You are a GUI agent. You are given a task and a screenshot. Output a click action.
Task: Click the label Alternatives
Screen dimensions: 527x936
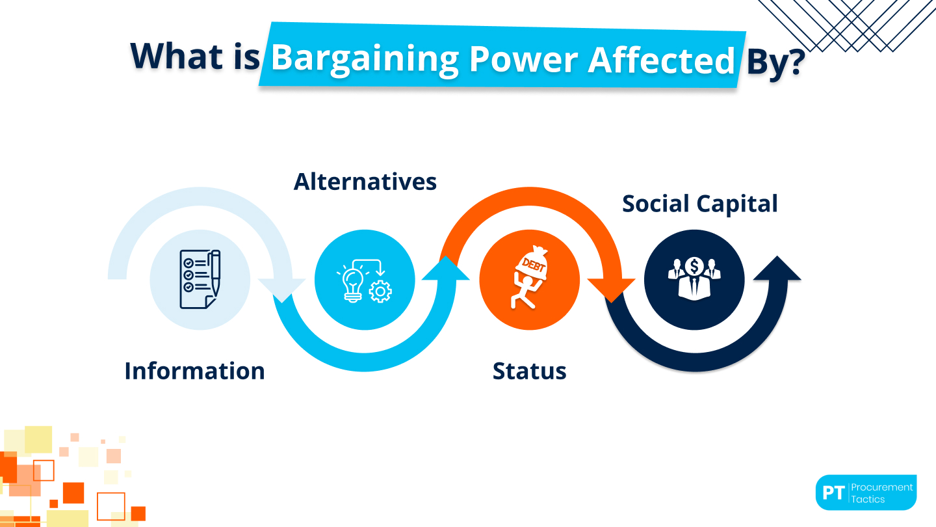(365, 182)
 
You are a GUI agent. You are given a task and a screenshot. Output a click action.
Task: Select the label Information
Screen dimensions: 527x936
(194, 371)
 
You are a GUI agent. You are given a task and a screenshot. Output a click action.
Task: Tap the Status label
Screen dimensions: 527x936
(529, 371)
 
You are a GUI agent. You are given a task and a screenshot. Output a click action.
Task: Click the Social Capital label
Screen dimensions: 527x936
(699, 204)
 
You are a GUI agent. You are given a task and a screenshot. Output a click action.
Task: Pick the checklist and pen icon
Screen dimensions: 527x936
(200, 279)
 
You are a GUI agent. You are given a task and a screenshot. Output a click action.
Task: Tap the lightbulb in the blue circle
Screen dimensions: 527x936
(352, 286)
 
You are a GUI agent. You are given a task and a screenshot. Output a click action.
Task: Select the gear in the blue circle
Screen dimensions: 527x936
(380, 291)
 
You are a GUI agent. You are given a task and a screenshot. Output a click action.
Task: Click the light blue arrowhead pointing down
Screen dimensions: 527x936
(281, 290)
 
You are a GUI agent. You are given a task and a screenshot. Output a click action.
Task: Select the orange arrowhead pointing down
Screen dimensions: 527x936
(611, 290)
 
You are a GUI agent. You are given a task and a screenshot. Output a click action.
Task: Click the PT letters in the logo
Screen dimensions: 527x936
(833, 493)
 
